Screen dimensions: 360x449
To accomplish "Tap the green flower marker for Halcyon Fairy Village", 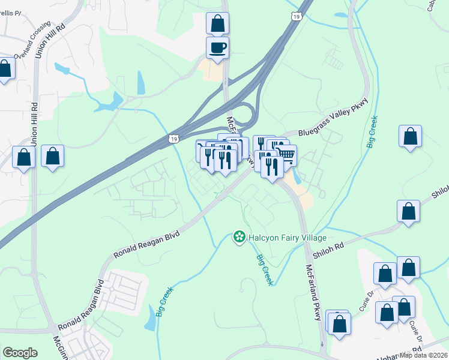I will [239, 238].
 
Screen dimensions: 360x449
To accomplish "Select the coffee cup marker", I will [217, 48].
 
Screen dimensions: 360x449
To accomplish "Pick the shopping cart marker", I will [286, 156].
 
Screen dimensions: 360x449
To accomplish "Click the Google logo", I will [20, 353].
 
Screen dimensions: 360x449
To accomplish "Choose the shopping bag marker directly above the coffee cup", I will [217, 24].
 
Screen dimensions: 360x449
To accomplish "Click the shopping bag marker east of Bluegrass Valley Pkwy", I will [411, 137].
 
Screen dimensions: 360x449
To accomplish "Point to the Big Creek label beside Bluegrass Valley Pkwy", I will [373, 132].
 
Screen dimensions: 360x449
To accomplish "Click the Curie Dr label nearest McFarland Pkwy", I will [367, 304].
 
